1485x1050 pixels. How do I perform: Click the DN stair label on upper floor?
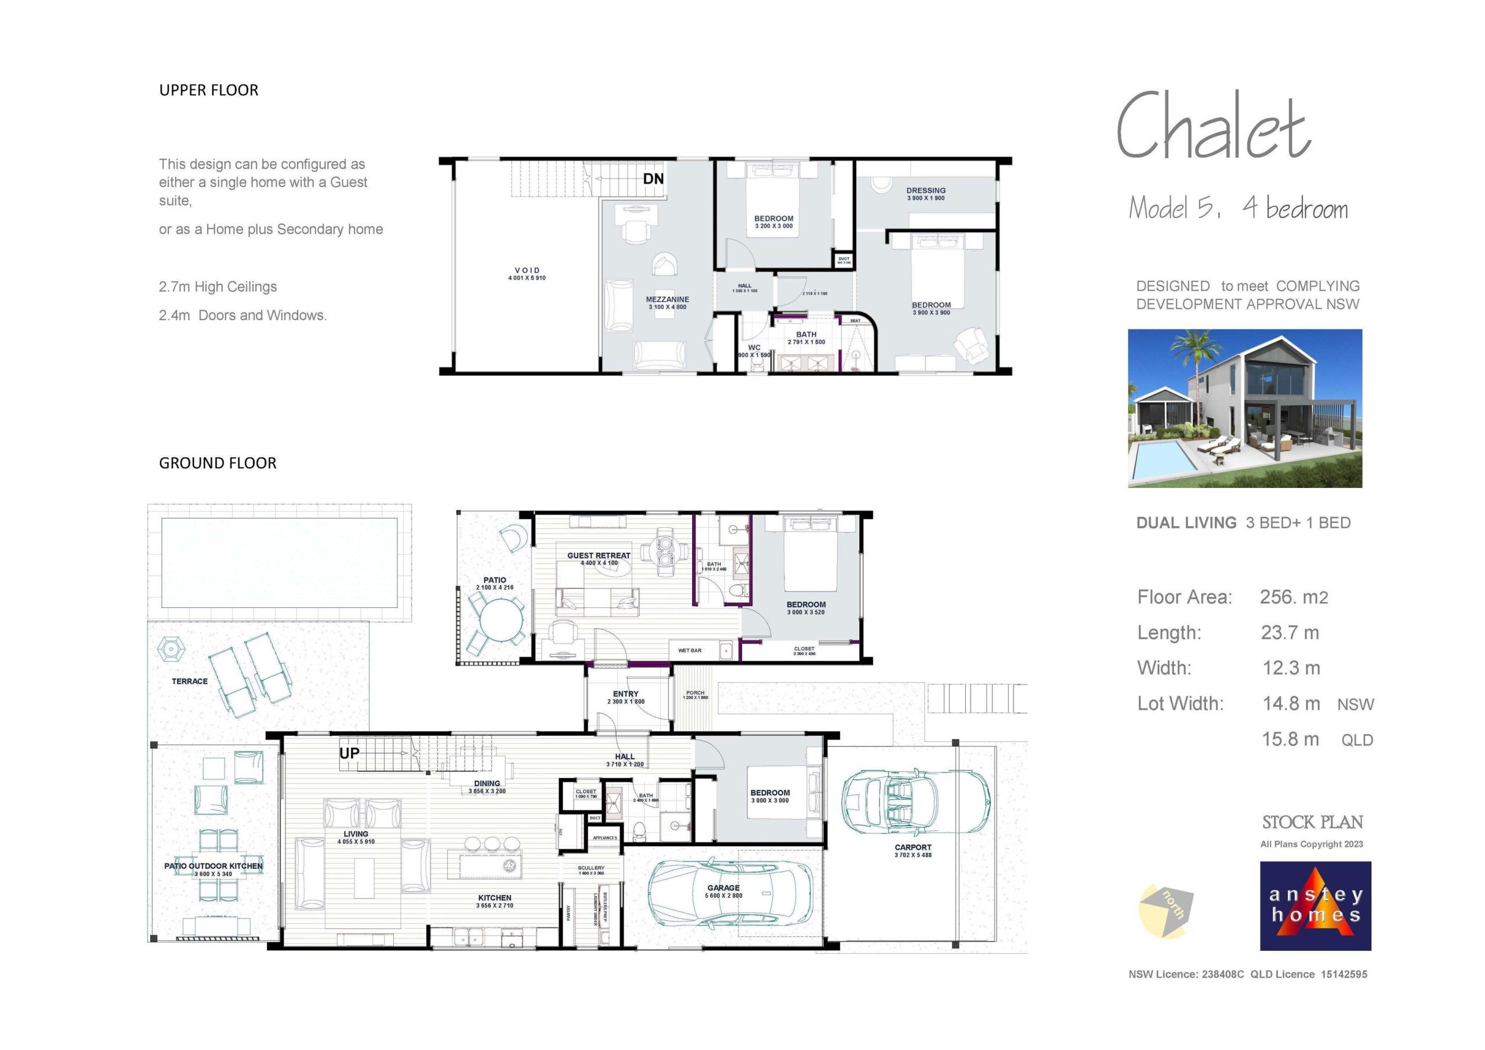(653, 179)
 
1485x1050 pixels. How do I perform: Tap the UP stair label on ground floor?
(349, 753)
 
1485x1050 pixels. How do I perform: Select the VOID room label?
(527, 270)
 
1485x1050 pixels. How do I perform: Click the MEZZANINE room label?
(668, 299)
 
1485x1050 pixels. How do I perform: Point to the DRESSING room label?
(926, 191)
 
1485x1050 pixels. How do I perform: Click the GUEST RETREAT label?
(598, 556)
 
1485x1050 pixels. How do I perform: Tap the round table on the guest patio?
(501, 620)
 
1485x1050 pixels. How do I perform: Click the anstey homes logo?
(1315, 906)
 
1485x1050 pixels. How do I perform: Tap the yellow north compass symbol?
(1165, 911)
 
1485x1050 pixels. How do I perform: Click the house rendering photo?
(1244, 408)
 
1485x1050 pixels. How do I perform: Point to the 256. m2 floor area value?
(1294, 597)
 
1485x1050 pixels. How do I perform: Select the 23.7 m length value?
(1290, 633)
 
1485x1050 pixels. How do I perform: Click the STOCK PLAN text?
(1312, 822)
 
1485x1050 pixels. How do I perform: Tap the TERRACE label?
(190, 681)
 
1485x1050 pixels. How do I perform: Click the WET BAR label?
(690, 651)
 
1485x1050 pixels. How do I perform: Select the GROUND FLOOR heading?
(218, 463)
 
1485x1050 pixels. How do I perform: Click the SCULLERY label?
(591, 868)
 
